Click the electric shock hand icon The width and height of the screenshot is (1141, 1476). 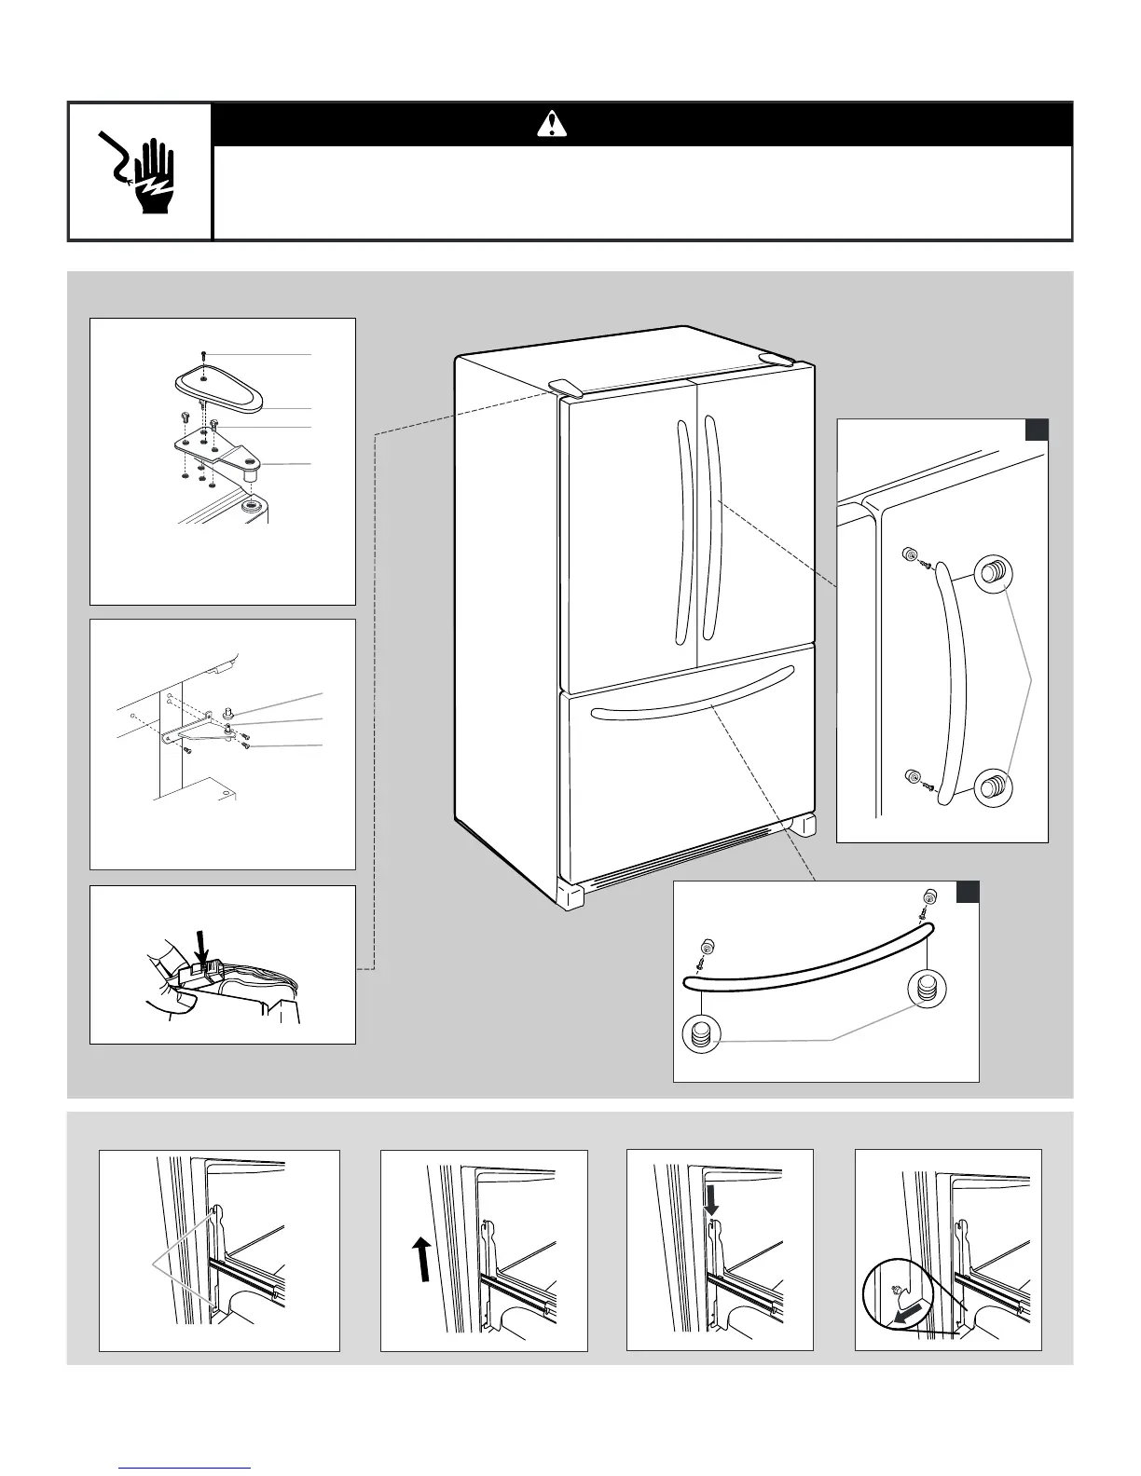pyautogui.click(x=140, y=171)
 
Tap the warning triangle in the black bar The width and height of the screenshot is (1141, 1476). pyautogui.click(x=552, y=124)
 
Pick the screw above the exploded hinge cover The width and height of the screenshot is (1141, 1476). pyautogui.click(x=204, y=356)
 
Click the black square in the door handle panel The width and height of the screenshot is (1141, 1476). pyautogui.click(x=1037, y=430)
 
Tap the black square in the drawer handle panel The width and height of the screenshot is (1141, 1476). pyautogui.click(x=968, y=892)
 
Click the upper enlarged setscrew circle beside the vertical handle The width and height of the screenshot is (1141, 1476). pyautogui.click(x=993, y=573)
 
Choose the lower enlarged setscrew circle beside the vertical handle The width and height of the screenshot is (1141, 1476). pyautogui.click(x=993, y=786)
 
